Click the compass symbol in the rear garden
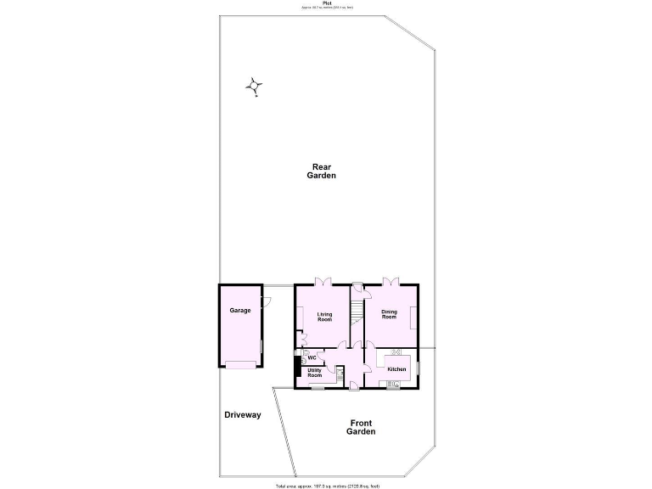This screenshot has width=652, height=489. coord(254,86)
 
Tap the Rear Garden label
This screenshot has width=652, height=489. coord(322,171)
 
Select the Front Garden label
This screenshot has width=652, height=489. coord(360,427)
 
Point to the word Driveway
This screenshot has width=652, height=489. coord(243,415)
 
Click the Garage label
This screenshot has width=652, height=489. coord(240,311)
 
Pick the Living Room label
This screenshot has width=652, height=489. coord(324,318)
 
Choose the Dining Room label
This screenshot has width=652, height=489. coord(389,314)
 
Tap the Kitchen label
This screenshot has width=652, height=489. coord(396,369)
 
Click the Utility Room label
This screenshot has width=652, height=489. coord(314,372)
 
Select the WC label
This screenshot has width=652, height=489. coord(312,357)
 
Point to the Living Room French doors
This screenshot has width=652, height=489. coord(323,282)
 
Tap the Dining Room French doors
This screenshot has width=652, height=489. coord(390,282)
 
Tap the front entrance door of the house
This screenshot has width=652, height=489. coord(353,387)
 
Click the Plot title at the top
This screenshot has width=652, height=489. coord(327,4)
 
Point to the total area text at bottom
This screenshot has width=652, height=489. coord(327,486)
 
